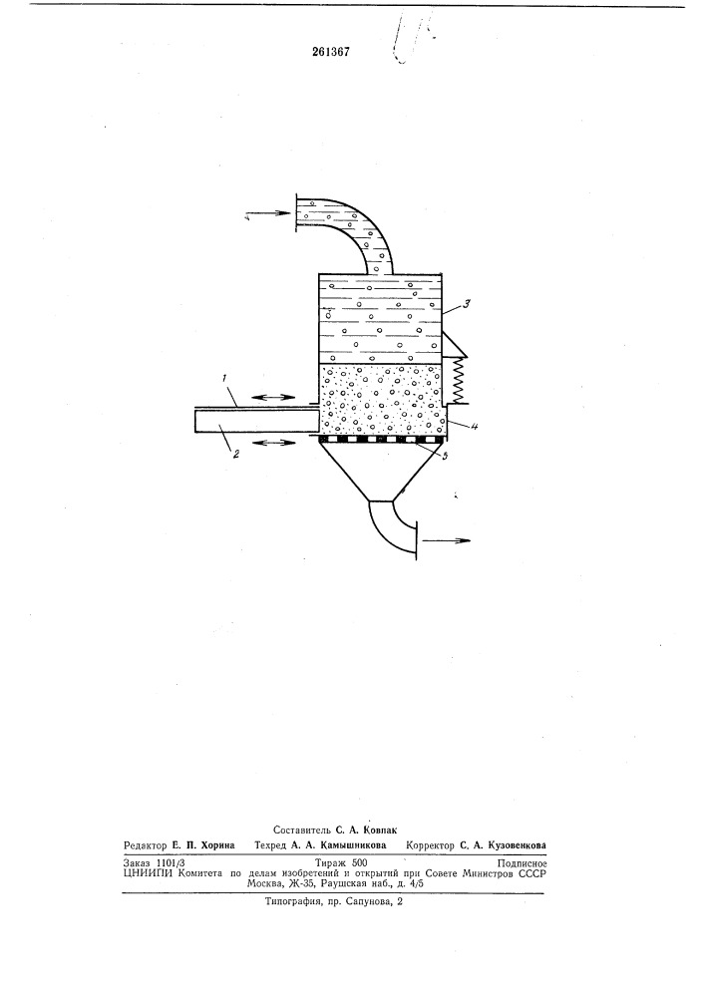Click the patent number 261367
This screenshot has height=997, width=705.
pyautogui.click(x=331, y=52)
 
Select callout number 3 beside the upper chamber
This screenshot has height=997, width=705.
pyautogui.click(x=466, y=304)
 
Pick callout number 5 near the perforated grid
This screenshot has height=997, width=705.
pyautogui.click(x=445, y=456)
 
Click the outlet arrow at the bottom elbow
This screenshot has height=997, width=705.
pyautogui.click(x=447, y=540)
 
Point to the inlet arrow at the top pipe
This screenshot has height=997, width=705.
pyautogui.click(x=267, y=215)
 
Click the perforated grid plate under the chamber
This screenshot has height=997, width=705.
pyautogui.click(x=381, y=440)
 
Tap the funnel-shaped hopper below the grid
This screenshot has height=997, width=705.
pyautogui.click(x=381, y=471)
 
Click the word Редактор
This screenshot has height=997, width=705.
pyautogui.click(x=146, y=845)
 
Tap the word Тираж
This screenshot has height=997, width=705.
pyautogui.click(x=327, y=863)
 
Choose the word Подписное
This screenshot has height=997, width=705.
pyautogui.click(x=523, y=863)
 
